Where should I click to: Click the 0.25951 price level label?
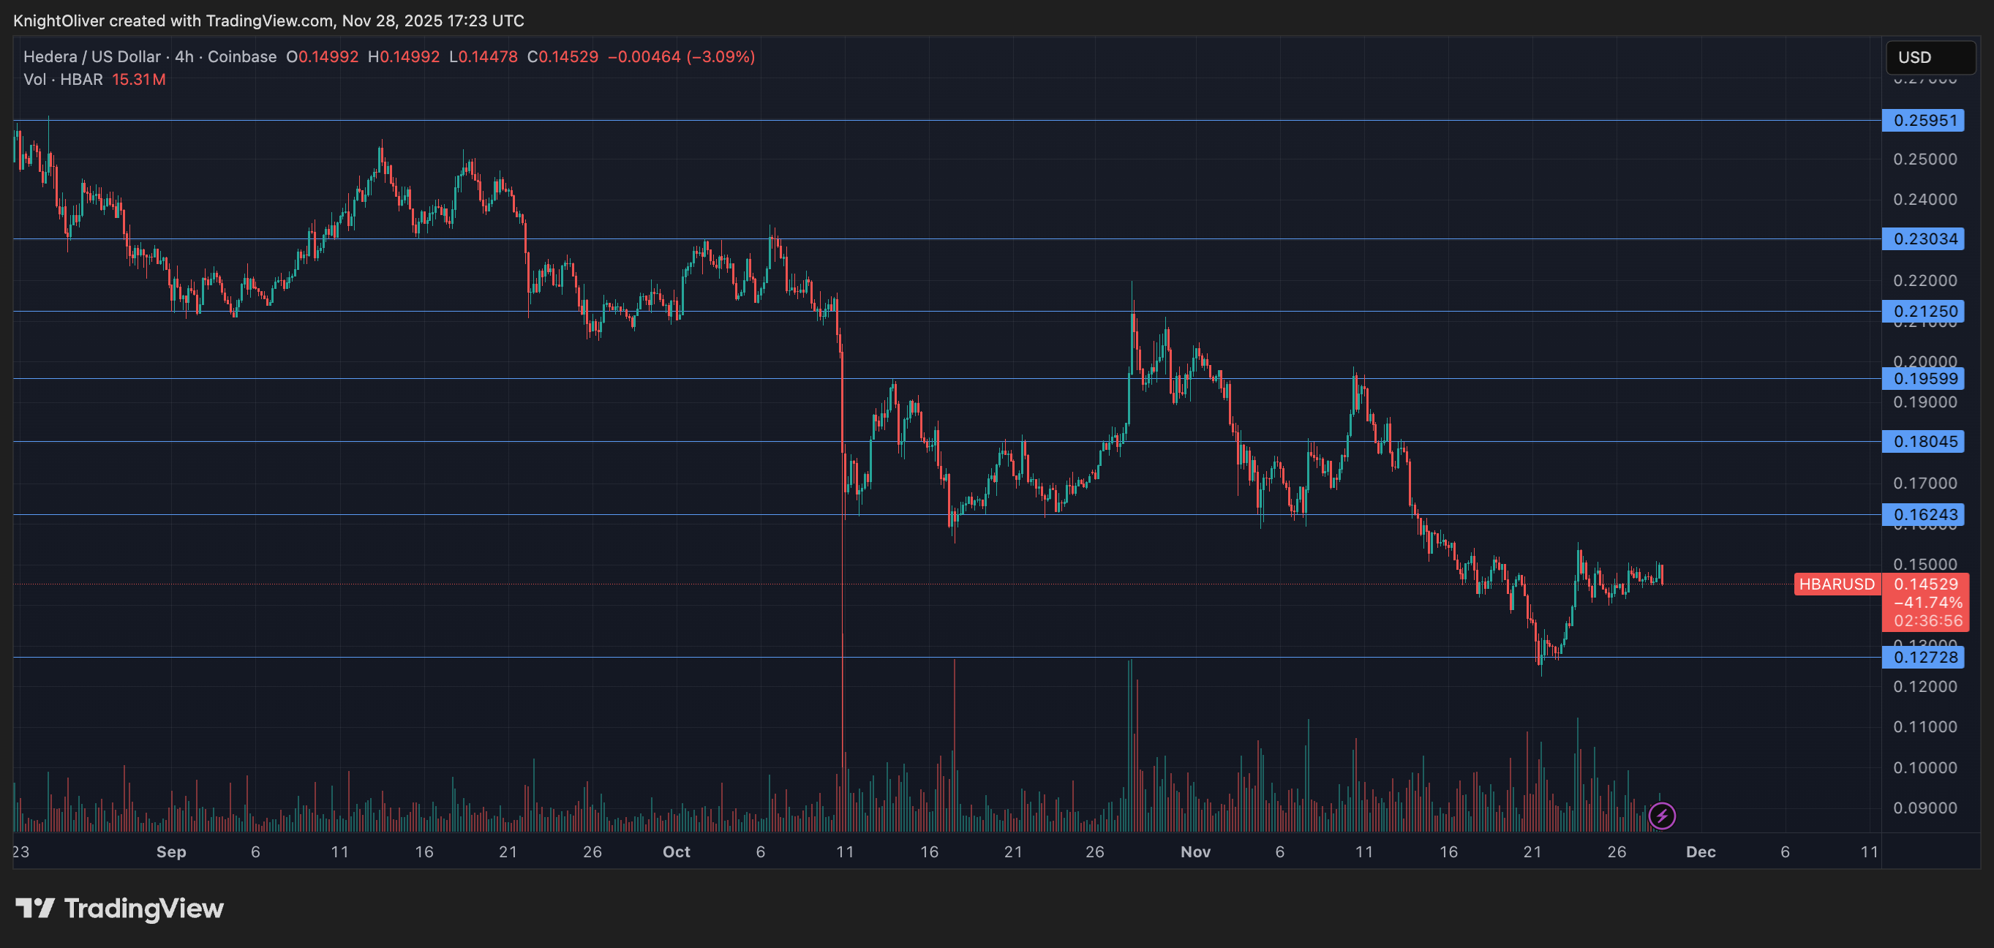point(1924,121)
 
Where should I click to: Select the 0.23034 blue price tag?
point(1924,239)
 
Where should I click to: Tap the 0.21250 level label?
point(1924,312)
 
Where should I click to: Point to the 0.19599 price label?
point(1924,378)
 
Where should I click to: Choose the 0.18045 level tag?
point(1924,442)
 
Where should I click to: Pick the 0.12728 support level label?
point(1924,658)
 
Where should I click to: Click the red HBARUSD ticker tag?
point(1836,584)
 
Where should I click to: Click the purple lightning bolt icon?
point(1662,816)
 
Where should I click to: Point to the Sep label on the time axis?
point(171,852)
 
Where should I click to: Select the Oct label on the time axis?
point(676,852)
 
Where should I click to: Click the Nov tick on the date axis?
point(1195,852)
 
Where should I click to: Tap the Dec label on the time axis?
point(1701,852)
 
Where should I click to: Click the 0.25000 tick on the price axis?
point(1925,159)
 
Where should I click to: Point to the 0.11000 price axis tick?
point(1925,726)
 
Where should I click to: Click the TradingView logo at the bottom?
point(120,908)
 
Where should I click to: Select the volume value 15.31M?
point(138,80)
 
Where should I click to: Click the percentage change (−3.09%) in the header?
point(721,56)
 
